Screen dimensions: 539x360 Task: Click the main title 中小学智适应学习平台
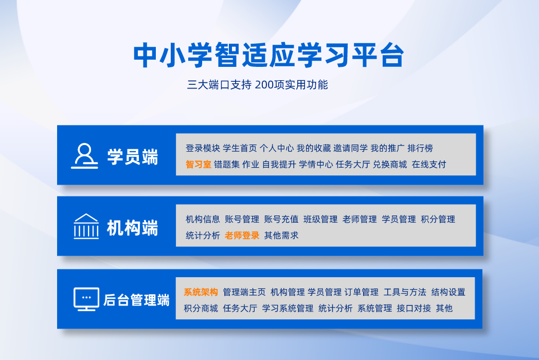269,55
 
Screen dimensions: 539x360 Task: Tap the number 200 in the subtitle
264,84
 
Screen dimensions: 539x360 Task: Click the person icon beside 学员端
84,156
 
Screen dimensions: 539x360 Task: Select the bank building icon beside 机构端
86,226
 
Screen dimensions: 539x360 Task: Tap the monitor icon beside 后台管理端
86,299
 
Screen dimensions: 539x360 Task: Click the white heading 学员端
133,157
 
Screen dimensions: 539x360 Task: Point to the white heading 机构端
133,228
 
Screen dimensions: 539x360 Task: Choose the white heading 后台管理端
136,300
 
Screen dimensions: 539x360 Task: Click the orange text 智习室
199,165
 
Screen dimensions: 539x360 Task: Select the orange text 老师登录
242,236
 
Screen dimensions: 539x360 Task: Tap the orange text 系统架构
201,292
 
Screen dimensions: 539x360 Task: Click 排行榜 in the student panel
420,148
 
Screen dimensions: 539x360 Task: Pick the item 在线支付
428,165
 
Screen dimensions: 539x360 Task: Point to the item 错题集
226,165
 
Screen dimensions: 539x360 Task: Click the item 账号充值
281,220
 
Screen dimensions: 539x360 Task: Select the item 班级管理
320,220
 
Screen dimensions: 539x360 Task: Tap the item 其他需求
281,236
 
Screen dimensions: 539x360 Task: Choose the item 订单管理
361,292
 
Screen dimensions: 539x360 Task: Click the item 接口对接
414,309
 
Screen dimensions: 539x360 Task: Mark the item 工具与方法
405,292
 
